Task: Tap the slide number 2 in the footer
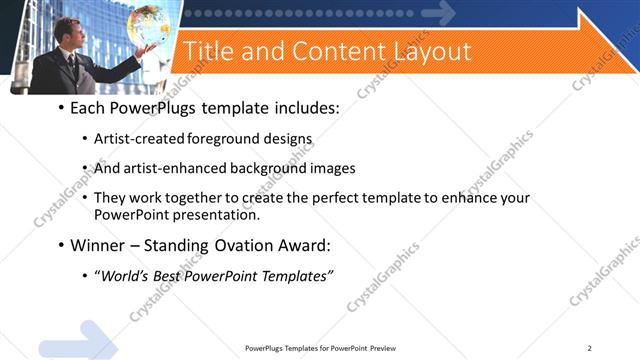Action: (x=589, y=347)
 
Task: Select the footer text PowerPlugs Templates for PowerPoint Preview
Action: (x=319, y=347)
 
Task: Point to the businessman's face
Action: (x=65, y=31)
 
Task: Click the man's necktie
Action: (x=72, y=61)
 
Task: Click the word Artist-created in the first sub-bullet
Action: (x=132, y=138)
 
